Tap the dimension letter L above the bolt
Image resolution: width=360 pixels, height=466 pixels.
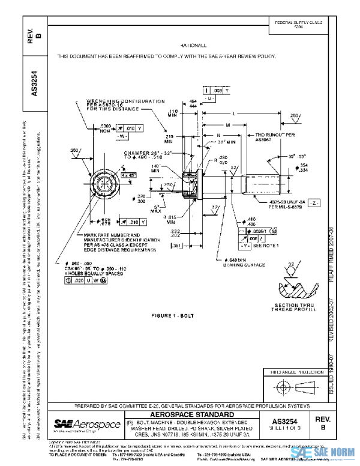pos(233,113)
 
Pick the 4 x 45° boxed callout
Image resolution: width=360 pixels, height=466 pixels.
pos(129,175)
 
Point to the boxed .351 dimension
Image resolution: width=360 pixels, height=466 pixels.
pos(176,246)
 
